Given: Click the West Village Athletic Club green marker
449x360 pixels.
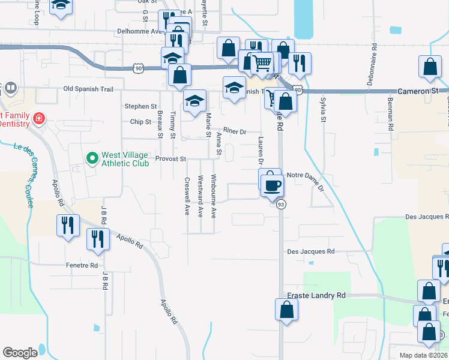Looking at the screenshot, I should point(92,158).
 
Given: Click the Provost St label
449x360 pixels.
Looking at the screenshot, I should point(171,159).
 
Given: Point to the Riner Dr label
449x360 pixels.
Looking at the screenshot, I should point(235,131).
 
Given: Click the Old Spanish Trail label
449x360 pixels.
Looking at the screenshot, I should point(88,89).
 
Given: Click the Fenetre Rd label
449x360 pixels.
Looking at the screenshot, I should point(81,265).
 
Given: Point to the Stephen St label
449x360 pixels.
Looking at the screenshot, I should point(140,106).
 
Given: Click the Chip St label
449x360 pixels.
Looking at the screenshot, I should point(140,122).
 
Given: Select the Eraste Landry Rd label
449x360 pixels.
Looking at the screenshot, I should point(316,296).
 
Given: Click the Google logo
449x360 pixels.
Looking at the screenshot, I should point(20,352).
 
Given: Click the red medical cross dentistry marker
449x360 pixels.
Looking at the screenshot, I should point(39,118).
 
